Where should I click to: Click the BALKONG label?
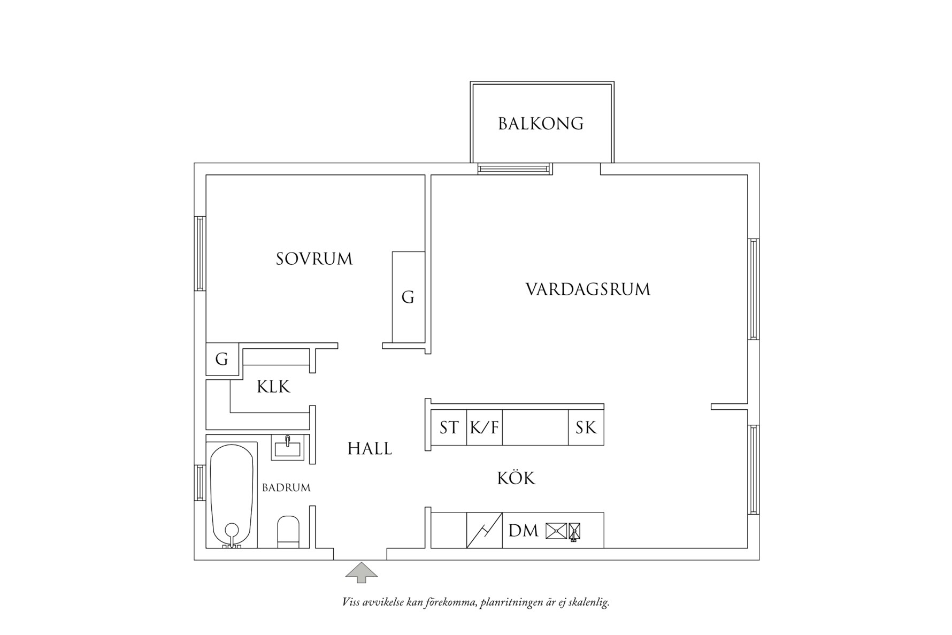[x=540, y=124]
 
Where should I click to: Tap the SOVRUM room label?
[x=314, y=259]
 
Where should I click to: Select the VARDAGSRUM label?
[x=588, y=289]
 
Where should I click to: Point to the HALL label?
[x=370, y=448]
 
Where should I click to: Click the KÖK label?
[x=516, y=477]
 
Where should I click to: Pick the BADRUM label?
[x=286, y=488]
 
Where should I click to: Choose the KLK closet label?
[x=273, y=387]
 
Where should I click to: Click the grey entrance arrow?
[x=362, y=572]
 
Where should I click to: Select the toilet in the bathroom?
[x=288, y=532]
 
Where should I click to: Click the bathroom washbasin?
[x=288, y=447]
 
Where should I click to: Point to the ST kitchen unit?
[x=449, y=427]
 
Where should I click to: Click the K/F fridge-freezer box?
[x=485, y=427]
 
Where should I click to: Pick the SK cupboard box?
[x=586, y=427]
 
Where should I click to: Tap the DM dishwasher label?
[x=523, y=531]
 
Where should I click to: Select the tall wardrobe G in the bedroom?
[x=408, y=297]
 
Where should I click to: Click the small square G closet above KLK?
[x=222, y=359]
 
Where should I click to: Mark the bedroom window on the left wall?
[x=200, y=253]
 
